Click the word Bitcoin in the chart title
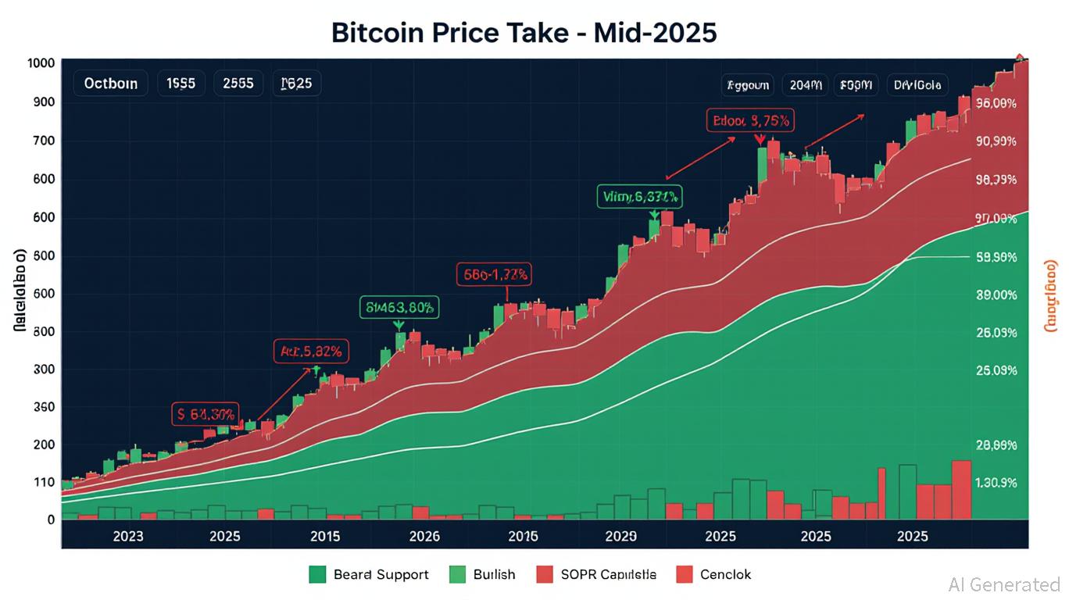pyautogui.click(x=378, y=33)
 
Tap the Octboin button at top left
pyautogui.click(x=110, y=83)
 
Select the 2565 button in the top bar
pyautogui.click(x=238, y=83)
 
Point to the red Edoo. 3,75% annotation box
pyautogui.click(x=750, y=121)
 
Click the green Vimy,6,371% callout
pyautogui.click(x=639, y=197)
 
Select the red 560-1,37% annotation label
pyautogui.click(x=493, y=274)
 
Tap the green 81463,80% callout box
pyautogui.click(x=399, y=308)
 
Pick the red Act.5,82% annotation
pyautogui.click(x=311, y=352)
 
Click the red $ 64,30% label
pyautogui.click(x=206, y=414)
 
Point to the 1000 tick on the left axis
pyautogui.click(x=40, y=63)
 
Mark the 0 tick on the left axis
pyautogui.click(x=50, y=520)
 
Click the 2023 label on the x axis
pyautogui.click(x=128, y=537)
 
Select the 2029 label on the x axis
pyautogui.click(x=621, y=537)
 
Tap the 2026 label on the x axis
pyautogui.click(x=424, y=537)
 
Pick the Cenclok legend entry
pyautogui.click(x=713, y=574)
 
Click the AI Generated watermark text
pyautogui.click(x=1003, y=584)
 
